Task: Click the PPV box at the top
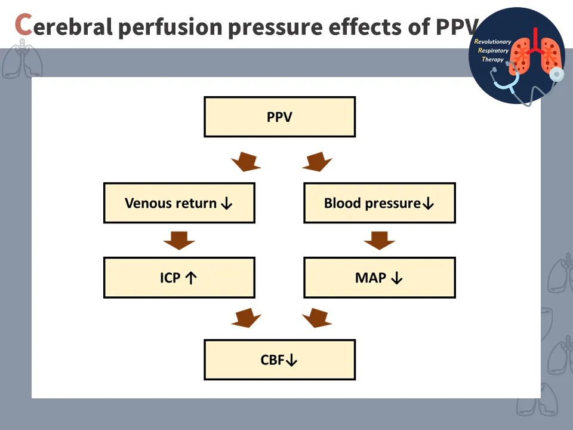pos(279,117)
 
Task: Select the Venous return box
pos(179,203)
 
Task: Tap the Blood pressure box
pos(379,203)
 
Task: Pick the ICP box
pos(179,278)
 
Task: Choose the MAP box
pos(379,278)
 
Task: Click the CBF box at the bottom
pos(279,360)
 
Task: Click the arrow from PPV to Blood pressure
pos(317,161)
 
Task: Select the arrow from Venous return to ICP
pos(179,240)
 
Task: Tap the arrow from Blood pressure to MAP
pos(379,240)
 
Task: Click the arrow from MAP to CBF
pos(317,318)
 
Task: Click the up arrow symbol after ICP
pos(191,278)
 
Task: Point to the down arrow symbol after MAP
pos(397,278)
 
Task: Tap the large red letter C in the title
pos(23,25)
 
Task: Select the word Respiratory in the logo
pos(494,51)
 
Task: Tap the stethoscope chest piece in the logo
pos(556,73)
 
